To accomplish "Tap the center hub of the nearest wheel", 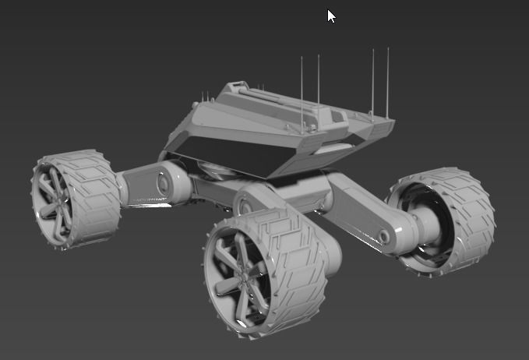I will coord(238,272).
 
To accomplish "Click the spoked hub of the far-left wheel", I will coord(55,198).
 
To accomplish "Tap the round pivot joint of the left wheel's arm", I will coord(164,184).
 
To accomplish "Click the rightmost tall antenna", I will coord(388,78).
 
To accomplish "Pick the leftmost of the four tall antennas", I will coord(302,86).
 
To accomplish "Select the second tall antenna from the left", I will coord(319,82).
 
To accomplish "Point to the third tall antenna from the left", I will coord(372,78).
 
